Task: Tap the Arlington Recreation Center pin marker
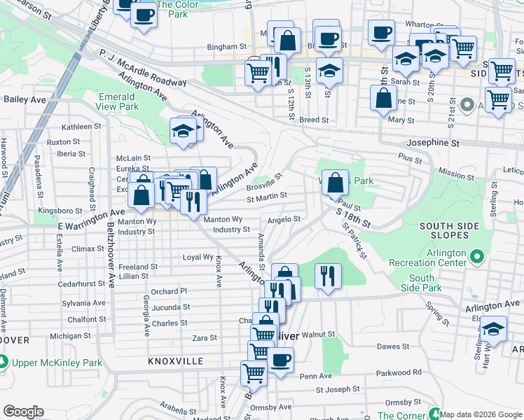(478, 257)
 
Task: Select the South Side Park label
(426, 283)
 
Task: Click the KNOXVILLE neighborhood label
(175, 361)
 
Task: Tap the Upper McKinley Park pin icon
(4, 363)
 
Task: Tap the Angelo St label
(284, 219)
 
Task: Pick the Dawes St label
(393, 346)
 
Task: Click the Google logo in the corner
(23, 412)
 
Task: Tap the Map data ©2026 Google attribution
(481, 414)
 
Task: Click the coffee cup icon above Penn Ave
(281, 360)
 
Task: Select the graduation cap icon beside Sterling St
(494, 329)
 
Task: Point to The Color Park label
(172, 9)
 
